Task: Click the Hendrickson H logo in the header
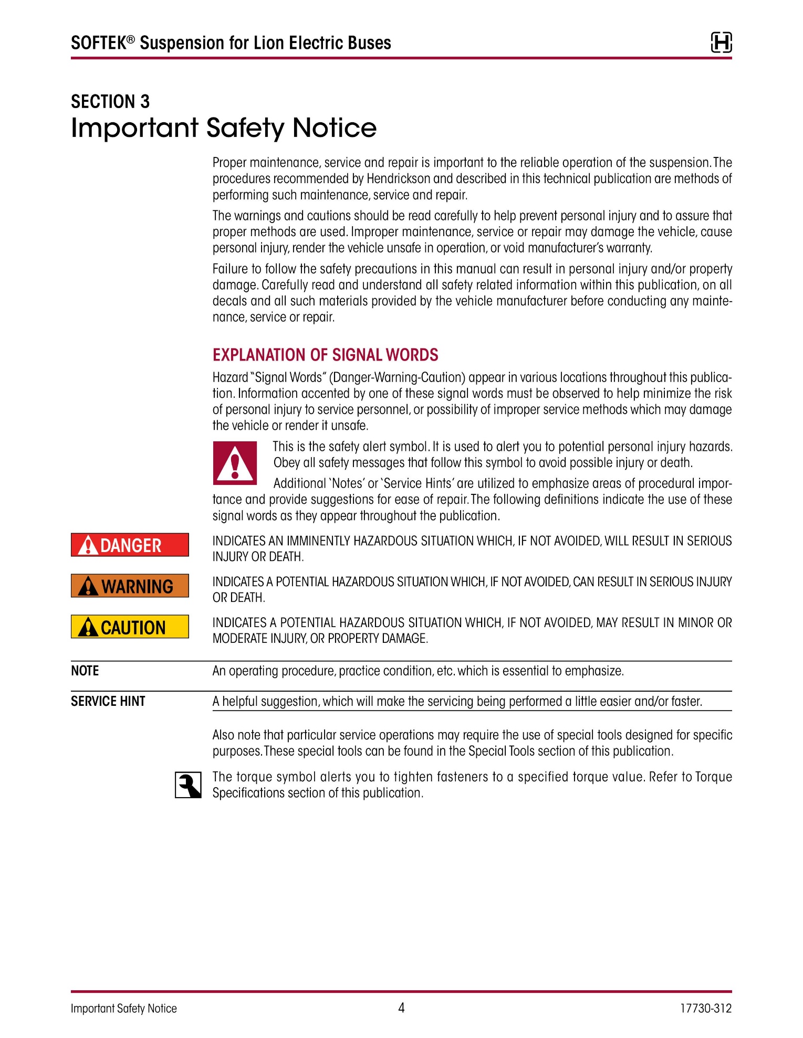[721, 43]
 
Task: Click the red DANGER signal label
[130, 545]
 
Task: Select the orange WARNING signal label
[130, 586]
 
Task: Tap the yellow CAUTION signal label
[130, 627]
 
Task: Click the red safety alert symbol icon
[235, 463]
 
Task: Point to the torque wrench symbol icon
[188, 785]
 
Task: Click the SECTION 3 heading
[110, 101]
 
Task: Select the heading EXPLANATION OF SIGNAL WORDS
[325, 355]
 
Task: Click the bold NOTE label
[85, 671]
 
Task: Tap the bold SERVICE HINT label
[108, 702]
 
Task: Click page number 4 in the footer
[401, 1008]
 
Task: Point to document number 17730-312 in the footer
[705, 1008]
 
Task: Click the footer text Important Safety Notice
[124, 1009]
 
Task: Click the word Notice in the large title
[335, 128]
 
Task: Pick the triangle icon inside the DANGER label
[88, 546]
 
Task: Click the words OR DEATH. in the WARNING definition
[239, 598]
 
